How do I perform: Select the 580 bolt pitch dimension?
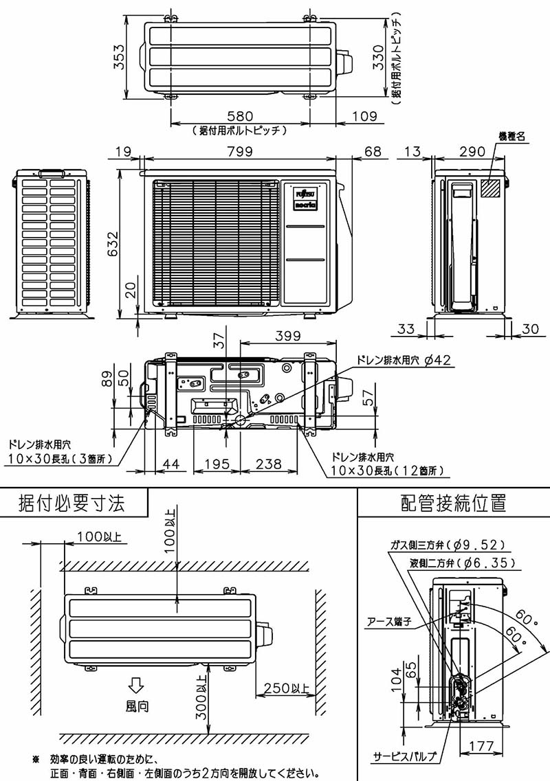[x=239, y=116]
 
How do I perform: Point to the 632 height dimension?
[x=113, y=244]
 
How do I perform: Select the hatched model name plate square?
[x=490, y=188]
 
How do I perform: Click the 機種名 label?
[x=511, y=137]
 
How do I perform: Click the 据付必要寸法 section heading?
[x=72, y=503]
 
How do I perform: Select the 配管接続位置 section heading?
[x=454, y=503]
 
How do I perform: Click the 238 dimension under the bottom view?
[x=269, y=465]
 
